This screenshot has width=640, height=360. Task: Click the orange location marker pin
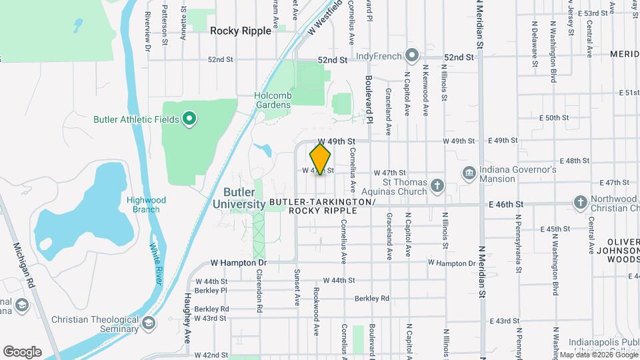320,159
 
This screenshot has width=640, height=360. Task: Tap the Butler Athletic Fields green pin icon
189,119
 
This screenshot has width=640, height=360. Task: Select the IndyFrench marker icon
412,55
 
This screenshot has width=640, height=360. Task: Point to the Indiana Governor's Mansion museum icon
469,173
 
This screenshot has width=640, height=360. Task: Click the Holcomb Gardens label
273,100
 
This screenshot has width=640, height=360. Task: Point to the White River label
155,264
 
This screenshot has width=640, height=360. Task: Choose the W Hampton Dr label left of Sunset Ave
238,263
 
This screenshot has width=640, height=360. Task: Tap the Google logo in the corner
22,351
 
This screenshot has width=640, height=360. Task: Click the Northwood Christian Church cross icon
581,202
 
